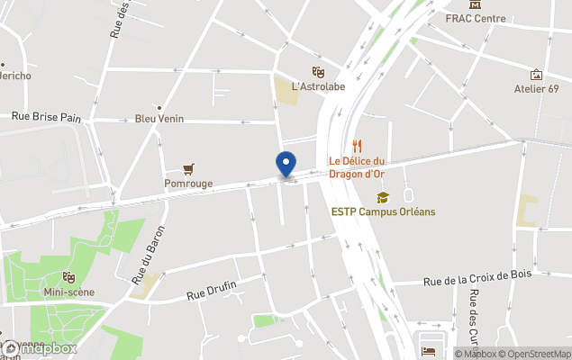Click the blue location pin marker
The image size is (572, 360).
pos(285,164)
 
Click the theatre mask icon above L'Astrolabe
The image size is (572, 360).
pos(317,71)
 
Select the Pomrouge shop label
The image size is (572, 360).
pos(188,183)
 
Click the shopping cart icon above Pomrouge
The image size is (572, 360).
pos(188,168)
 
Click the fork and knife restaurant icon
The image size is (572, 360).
pos(357,145)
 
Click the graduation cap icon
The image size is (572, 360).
pos(383,197)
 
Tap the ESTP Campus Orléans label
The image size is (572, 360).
pos(383,211)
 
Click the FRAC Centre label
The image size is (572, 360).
pos(475,18)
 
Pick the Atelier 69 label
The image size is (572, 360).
pos(537,88)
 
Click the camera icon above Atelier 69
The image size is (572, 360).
pos(537,74)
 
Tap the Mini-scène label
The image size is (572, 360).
pos(68,292)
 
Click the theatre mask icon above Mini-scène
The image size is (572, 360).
pos(68,277)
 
